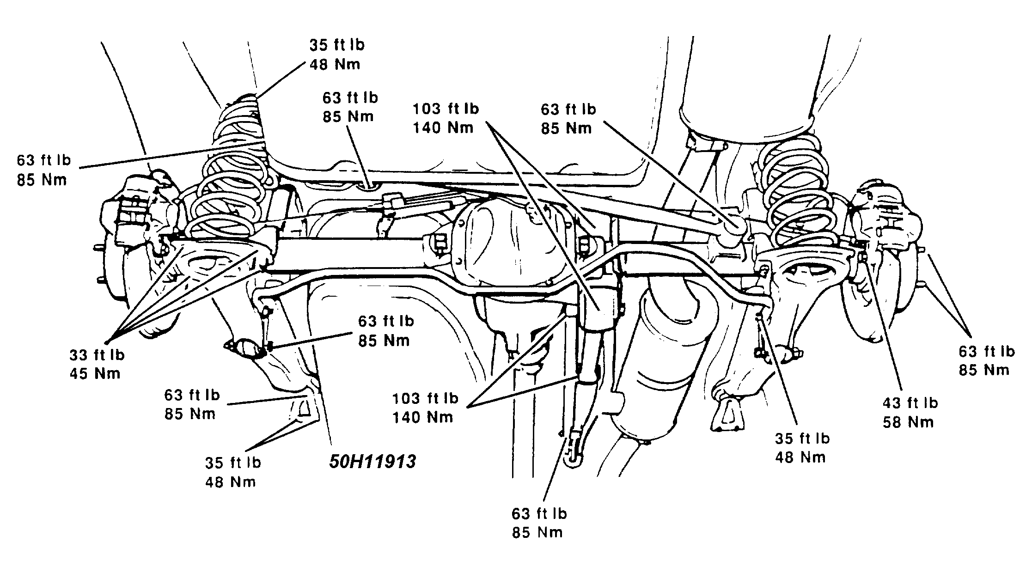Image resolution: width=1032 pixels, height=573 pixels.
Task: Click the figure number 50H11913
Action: (x=372, y=462)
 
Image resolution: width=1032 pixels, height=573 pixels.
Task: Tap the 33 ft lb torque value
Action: (x=97, y=355)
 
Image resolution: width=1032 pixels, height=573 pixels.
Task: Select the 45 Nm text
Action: (x=95, y=373)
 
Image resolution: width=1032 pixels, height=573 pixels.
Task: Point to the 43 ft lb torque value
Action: (x=910, y=403)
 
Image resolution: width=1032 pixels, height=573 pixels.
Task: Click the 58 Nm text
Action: (x=908, y=422)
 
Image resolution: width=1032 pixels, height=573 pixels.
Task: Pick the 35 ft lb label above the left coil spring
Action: (x=337, y=45)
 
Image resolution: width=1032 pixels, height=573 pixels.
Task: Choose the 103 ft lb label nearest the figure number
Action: (x=425, y=398)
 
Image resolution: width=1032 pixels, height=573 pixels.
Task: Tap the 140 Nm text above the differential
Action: (x=443, y=128)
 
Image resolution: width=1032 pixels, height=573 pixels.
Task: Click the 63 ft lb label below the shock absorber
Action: (x=539, y=513)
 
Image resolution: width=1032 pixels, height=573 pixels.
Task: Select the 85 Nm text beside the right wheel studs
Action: (x=984, y=370)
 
